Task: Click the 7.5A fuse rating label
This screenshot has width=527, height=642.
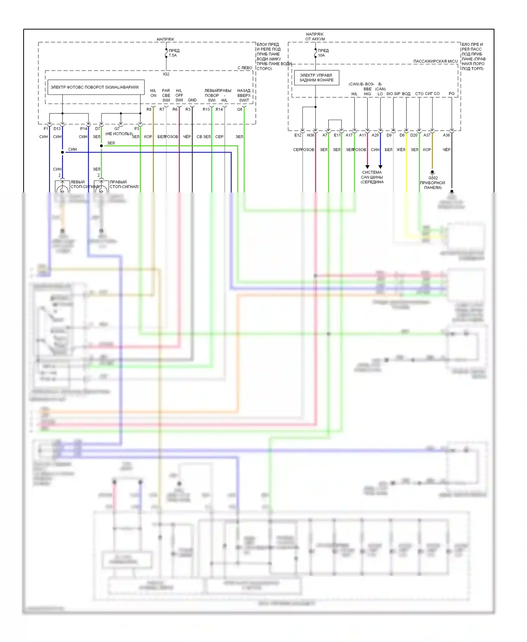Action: (x=173, y=55)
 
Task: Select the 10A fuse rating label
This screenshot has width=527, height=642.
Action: (x=321, y=55)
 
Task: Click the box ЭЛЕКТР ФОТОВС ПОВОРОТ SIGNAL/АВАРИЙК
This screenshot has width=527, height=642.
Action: (x=95, y=87)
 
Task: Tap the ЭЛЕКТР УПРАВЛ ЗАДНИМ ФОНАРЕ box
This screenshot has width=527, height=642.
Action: (x=316, y=78)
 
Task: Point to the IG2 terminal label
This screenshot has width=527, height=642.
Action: (x=166, y=74)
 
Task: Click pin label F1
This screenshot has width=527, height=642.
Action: (x=46, y=129)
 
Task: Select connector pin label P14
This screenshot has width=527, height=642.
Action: (x=84, y=129)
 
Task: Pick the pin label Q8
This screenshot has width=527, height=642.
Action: (x=239, y=109)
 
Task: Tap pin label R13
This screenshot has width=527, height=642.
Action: (x=206, y=109)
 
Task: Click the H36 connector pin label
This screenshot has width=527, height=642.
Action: (x=311, y=135)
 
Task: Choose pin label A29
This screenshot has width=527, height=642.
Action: (x=375, y=135)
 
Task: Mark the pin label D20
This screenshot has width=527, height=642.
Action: (x=414, y=135)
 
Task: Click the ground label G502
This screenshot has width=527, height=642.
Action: (x=433, y=178)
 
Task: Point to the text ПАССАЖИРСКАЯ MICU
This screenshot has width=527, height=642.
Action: (x=435, y=61)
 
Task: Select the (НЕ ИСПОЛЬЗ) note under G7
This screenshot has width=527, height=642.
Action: (x=119, y=134)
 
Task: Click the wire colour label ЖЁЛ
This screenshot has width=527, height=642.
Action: (x=401, y=150)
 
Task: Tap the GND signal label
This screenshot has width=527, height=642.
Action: (x=192, y=100)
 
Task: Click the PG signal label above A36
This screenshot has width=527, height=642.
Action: (x=451, y=94)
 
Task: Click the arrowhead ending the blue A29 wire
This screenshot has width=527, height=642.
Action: (x=380, y=167)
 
